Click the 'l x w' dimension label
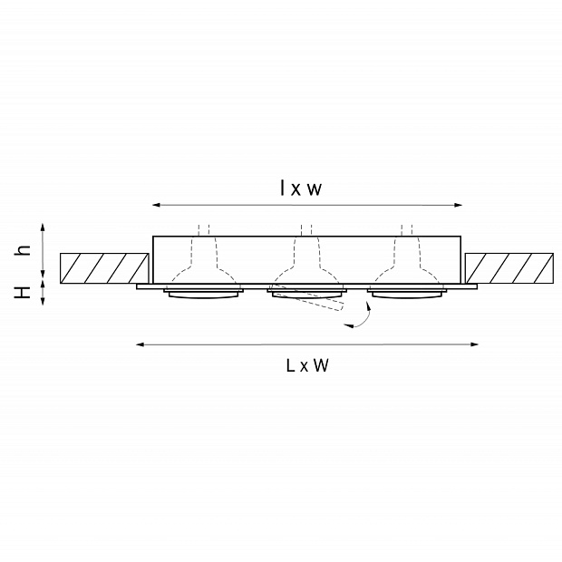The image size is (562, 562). [301, 188]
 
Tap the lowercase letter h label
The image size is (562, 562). [23, 250]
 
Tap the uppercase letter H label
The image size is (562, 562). [23, 293]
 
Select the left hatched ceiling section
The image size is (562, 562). [104, 268]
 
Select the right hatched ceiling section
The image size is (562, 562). [509, 268]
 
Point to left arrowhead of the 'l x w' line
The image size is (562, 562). [156, 205]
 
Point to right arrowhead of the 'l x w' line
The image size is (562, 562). [458, 205]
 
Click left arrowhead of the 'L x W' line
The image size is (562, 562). [140, 344]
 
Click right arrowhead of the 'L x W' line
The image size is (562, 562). [474, 344]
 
